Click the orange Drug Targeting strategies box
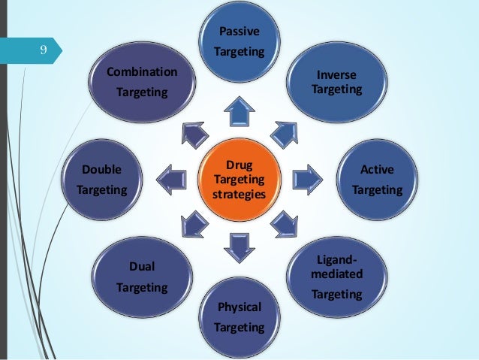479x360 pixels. (x=239, y=179)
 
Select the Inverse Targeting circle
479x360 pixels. (x=336, y=83)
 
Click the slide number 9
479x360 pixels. (x=44, y=51)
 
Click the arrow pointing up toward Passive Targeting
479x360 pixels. (x=240, y=113)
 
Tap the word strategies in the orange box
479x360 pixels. (x=239, y=195)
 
